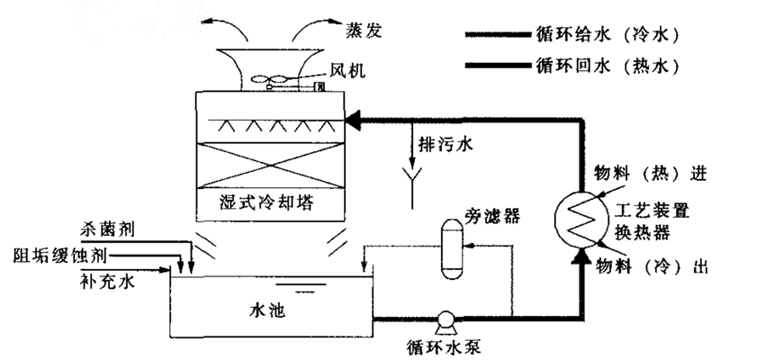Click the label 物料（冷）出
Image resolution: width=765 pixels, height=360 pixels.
[654, 266]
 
